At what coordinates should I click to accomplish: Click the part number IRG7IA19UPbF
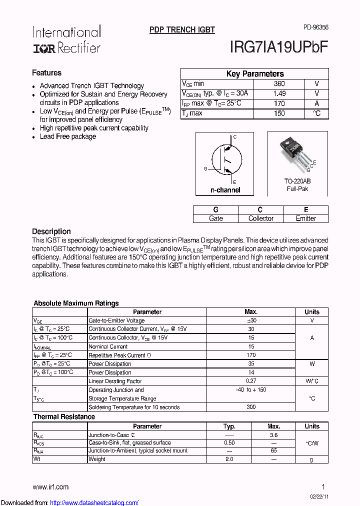(x=279, y=47)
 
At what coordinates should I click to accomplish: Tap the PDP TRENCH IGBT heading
(x=182, y=30)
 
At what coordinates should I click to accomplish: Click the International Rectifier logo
(x=66, y=39)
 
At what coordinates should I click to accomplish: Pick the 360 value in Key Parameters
(x=279, y=84)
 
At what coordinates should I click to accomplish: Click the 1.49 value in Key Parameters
(x=279, y=93)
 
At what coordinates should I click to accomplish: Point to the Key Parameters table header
(x=254, y=74)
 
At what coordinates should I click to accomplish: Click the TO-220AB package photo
(x=298, y=152)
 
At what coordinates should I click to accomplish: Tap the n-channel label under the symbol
(x=225, y=190)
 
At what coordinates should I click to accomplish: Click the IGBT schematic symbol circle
(x=224, y=160)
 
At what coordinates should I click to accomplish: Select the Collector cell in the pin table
(x=260, y=218)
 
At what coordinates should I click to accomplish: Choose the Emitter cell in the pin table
(x=305, y=218)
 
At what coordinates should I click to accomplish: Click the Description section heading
(x=51, y=231)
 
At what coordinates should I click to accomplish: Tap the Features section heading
(x=47, y=73)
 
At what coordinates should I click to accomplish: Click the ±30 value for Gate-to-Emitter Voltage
(x=251, y=320)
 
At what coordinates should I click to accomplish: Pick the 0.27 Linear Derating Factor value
(x=251, y=381)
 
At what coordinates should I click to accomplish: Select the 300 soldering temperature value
(x=251, y=407)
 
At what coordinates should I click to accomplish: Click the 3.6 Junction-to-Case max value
(x=273, y=435)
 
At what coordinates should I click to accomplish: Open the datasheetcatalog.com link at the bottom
(x=94, y=502)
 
